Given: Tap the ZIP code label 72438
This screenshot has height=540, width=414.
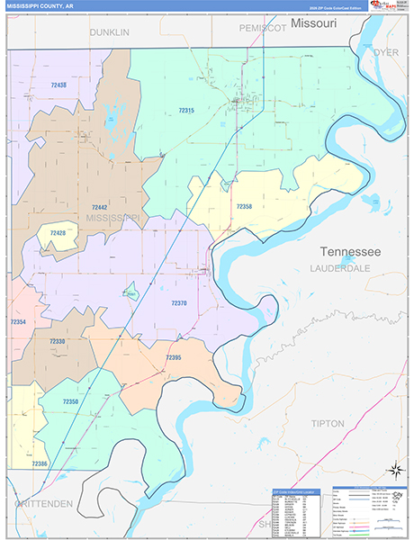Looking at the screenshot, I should pyautogui.click(x=59, y=85).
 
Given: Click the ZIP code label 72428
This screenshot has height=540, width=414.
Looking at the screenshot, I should pyautogui.click(x=58, y=233).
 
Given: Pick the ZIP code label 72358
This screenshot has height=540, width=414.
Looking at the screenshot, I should pyautogui.click(x=244, y=206).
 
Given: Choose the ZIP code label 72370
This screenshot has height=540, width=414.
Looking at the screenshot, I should pyautogui.click(x=179, y=303).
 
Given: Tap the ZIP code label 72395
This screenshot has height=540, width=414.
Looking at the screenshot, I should pyautogui.click(x=174, y=357).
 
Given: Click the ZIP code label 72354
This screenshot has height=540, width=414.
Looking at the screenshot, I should pyautogui.click(x=17, y=321).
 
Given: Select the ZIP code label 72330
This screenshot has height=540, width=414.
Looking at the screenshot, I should pyautogui.click(x=57, y=341).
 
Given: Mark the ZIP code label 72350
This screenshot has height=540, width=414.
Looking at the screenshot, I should pyautogui.click(x=71, y=400).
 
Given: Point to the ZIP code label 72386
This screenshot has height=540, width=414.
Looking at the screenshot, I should pyautogui.click(x=40, y=463).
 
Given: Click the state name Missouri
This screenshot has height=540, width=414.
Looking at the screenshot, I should pyautogui.click(x=313, y=22).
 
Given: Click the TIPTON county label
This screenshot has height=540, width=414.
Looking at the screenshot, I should pyautogui.click(x=328, y=422).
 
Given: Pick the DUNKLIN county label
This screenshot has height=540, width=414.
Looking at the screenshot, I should pyautogui.click(x=109, y=32).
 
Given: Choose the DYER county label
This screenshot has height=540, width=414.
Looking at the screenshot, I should pyautogui.click(x=385, y=53).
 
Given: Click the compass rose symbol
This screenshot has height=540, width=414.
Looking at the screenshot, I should pyautogui.click(x=394, y=469).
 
